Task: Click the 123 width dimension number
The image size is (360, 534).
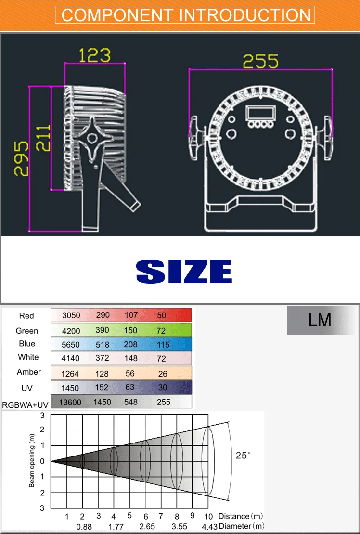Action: point(95,55)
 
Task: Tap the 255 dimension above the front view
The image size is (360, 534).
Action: point(260,61)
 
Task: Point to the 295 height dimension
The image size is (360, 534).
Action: point(21,158)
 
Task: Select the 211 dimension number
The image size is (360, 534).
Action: point(43,138)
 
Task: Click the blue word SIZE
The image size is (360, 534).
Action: point(184,272)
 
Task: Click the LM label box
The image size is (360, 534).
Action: point(321,320)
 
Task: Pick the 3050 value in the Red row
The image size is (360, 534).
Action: point(71,315)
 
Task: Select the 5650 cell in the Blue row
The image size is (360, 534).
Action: point(70,345)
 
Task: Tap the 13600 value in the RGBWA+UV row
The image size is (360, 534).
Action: point(70,402)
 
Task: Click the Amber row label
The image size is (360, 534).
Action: point(29,372)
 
